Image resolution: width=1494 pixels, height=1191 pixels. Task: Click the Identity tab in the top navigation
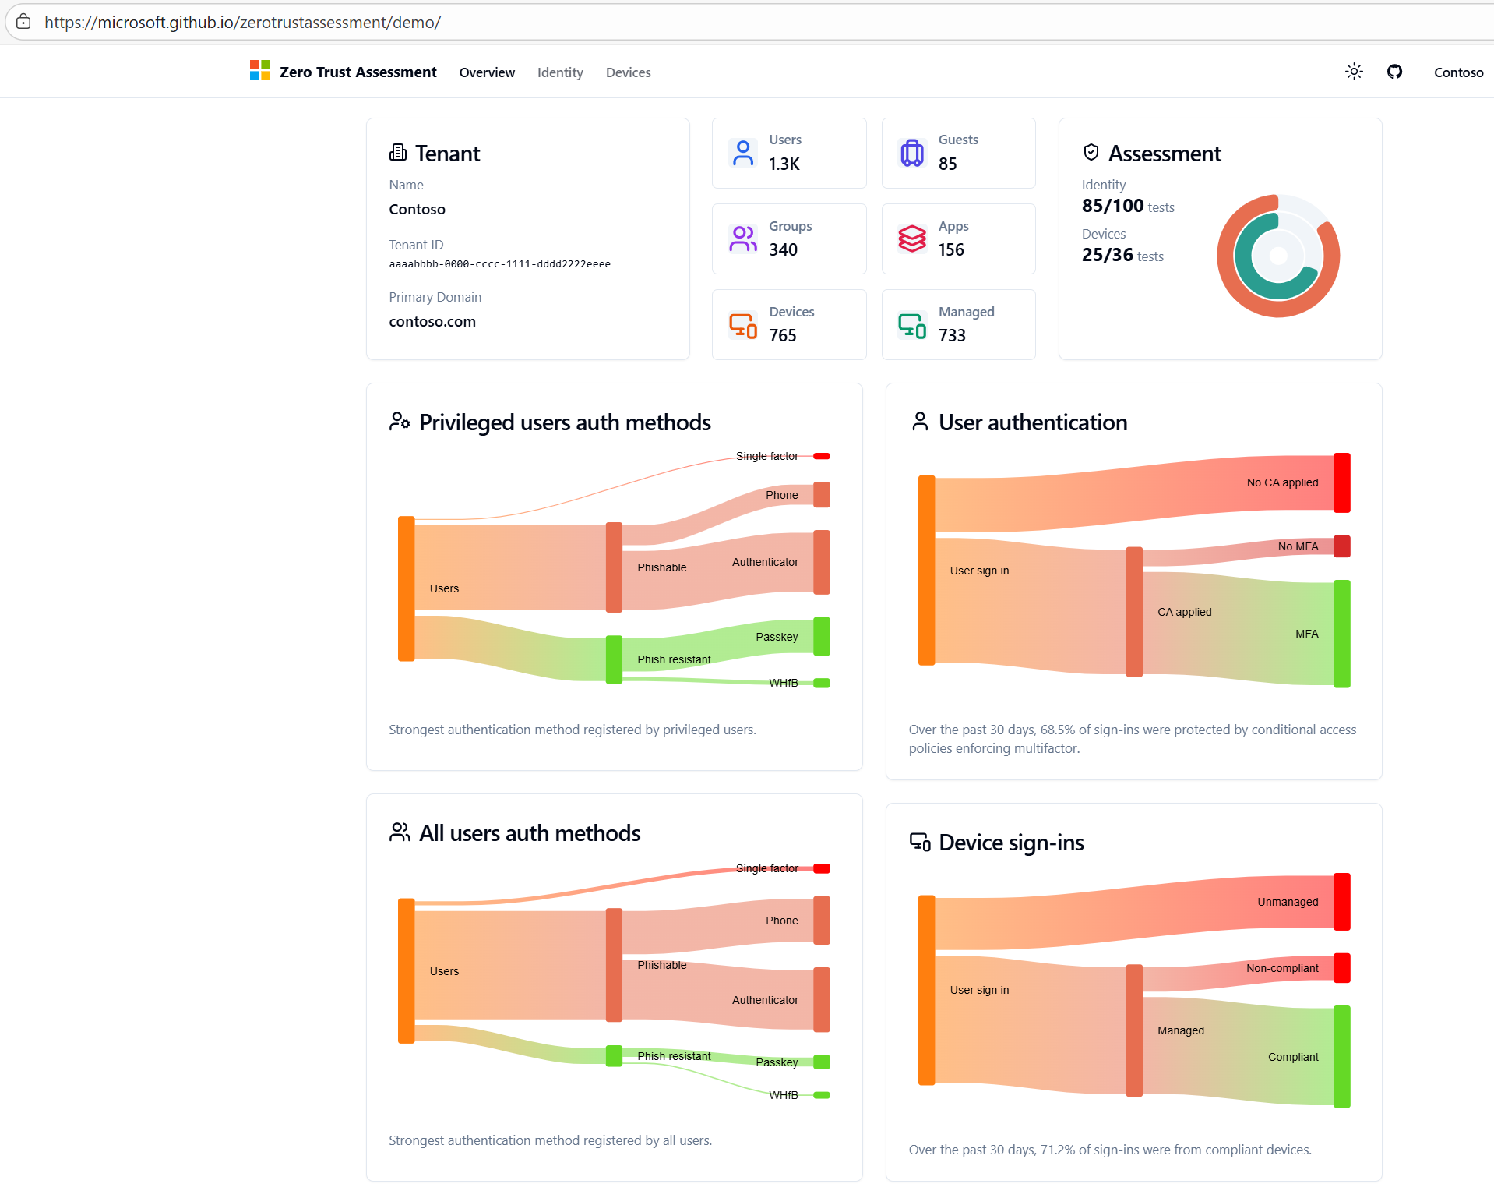(560, 72)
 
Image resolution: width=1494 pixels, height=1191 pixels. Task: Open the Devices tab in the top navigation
(628, 72)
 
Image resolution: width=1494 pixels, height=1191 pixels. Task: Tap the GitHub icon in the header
(1394, 72)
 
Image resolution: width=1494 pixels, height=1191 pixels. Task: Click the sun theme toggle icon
(1354, 72)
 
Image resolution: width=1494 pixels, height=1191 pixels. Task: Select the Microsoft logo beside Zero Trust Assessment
(259, 70)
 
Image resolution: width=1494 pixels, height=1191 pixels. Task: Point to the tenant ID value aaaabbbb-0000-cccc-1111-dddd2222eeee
(499, 264)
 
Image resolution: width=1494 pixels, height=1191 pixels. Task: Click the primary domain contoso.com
(432, 321)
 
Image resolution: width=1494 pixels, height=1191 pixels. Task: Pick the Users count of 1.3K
(784, 164)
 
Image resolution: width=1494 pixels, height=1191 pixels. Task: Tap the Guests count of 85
(947, 164)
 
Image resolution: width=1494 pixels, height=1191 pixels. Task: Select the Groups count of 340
(783, 249)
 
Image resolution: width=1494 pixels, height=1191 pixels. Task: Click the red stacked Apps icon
(912, 239)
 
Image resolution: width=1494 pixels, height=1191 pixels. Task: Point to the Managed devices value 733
(952, 335)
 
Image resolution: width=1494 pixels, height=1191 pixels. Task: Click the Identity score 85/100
(1112, 206)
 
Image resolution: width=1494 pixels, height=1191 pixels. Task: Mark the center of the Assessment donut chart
(1278, 256)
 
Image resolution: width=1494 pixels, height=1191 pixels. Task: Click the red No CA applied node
(1341, 482)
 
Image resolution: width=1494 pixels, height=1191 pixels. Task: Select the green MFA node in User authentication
(1341, 633)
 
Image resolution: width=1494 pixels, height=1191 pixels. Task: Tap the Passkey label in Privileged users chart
(777, 637)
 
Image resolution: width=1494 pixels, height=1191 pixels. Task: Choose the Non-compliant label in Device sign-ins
(1282, 968)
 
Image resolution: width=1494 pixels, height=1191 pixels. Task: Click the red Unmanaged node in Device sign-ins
(1341, 902)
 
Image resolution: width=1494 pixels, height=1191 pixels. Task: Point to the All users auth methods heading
(530, 833)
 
